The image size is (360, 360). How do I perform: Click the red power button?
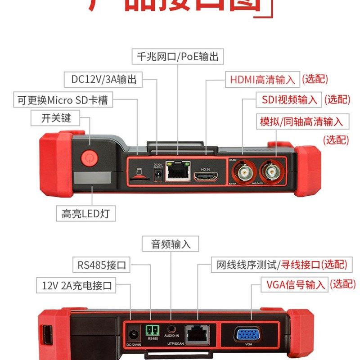coord(89,158)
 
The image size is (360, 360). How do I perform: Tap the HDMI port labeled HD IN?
coord(205,176)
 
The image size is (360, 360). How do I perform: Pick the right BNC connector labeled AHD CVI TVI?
coord(271,171)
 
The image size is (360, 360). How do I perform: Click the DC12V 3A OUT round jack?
coord(158,175)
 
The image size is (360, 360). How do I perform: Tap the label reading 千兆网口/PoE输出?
coord(178,56)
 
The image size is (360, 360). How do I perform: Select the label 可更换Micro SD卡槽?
coord(63,99)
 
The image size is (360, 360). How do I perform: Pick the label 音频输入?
coord(171,244)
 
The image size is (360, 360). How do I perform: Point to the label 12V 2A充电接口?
coord(76,285)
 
